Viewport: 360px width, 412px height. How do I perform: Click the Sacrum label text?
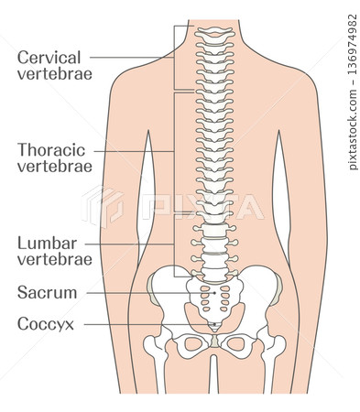click(47, 292)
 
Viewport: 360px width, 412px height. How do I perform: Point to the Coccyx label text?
click(45, 323)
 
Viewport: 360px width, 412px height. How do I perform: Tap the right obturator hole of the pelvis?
click(236, 345)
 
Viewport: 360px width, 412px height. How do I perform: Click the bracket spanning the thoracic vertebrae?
click(173, 152)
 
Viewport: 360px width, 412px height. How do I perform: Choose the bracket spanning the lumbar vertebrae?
click(173, 244)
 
